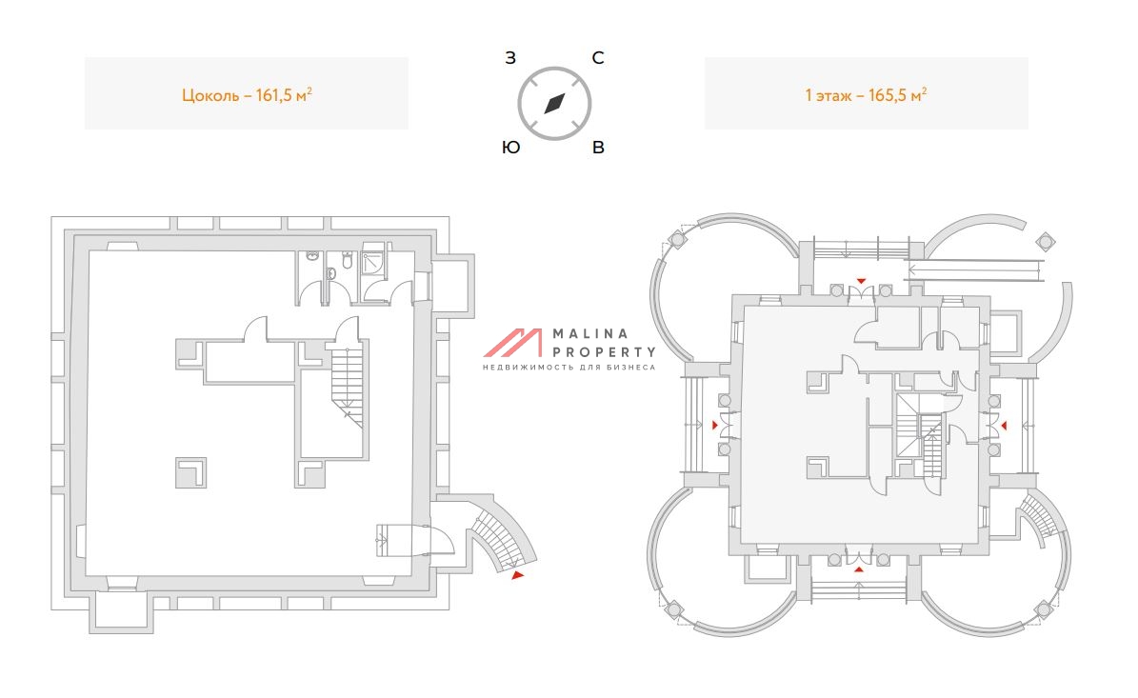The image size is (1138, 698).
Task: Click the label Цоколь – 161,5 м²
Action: pyautogui.click(x=247, y=94)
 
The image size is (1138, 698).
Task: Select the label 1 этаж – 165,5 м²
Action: pyautogui.click(x=866, y=94)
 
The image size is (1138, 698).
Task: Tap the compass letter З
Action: pyautogui.click(x=510, y=58)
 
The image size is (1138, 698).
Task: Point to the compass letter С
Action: pyautogui.click(x=598, y=58)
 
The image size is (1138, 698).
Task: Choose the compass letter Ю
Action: pyautogui.click(x=510, y=148)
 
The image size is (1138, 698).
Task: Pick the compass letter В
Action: pyautogui.click(x=598, y=148)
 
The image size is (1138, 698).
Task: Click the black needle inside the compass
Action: pyautogui.click(x=554, y=103)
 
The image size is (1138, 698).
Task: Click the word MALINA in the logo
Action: pyautogui.click(x=590, y=334)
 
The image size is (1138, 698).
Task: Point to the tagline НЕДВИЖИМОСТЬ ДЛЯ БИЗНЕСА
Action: pyautogui.click(x=569, y=368)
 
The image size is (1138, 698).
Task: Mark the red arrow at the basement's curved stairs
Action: pyautogui.click(x=517, y=575)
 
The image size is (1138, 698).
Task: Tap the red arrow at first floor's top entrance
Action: pyautogui.click(x=861, y=281)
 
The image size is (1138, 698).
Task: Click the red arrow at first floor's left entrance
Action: pyautogui.click(x=716, y=425)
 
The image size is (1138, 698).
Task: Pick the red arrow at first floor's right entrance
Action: pyautogui.click(x=1005, y=425)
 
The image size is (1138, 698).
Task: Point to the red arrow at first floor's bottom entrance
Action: pyautogui.click(x=859, y=568)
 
